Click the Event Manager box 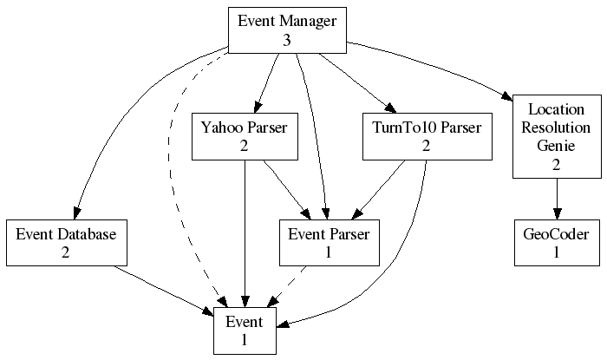[286, 29]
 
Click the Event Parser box [329, 243]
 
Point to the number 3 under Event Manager [286, 40]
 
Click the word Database [90, 233]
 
